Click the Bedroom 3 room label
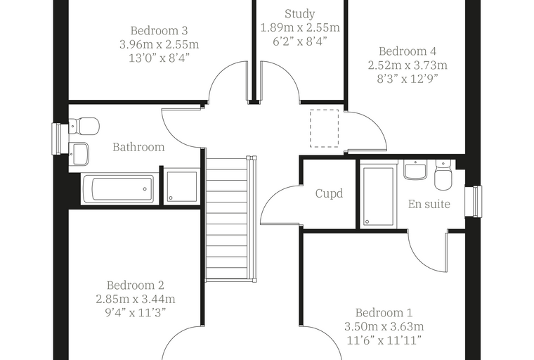click(x=159, y=31)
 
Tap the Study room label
click(x=300, y=14)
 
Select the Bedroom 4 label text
click(x=408, y=51)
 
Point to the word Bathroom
click(x=138, y=147)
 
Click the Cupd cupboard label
click(x=329, y=193)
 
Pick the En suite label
click(x=429, y=204)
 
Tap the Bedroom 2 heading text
click(x=135, y=285)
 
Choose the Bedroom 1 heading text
click(x=384, y=313)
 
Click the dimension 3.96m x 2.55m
click(x=159, y=44)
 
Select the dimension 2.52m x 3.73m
click(x=408, y=65)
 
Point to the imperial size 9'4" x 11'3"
click(x=135, y=312)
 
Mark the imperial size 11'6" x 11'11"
click(x=384, y=340)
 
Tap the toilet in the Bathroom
click(x=84, y=126)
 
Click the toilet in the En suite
click(x=443, y=174)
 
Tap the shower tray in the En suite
click(x=378, y=195)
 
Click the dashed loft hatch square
click(x=324, y=128)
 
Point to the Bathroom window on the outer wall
click(x=56, y=139)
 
